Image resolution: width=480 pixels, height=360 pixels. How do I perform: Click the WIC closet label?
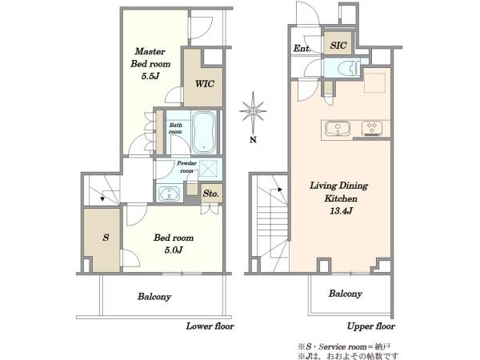(205, 83)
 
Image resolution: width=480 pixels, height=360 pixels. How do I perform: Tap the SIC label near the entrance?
(338, 46)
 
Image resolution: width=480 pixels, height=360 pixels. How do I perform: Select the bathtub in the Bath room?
(204, 132)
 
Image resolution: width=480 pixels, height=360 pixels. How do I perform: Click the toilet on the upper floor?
(350, 69)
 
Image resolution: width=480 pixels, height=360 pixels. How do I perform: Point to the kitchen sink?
(338, 128)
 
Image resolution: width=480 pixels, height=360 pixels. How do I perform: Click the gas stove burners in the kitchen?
(372, 128)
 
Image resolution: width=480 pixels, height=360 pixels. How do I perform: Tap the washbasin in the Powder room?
(168, 194)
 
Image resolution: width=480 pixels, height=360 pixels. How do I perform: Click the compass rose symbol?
(253, 111)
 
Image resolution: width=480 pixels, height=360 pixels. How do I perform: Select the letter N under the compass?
(253, 140)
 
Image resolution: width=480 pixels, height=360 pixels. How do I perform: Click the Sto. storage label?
(210, 194)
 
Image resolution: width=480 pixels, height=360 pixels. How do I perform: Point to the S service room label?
(106, 238)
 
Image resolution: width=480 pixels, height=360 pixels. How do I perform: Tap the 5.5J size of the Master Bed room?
(150, 76)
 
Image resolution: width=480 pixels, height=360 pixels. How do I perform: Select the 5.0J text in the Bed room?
(174, 250)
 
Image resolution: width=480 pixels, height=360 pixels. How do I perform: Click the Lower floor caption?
(210, 326)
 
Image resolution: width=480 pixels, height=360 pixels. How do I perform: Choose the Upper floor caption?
(371, 326)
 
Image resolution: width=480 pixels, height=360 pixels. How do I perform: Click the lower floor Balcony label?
(154, 297)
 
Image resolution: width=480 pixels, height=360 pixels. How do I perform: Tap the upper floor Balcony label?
(346, 294)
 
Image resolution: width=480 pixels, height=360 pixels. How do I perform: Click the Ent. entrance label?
(302, 48)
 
